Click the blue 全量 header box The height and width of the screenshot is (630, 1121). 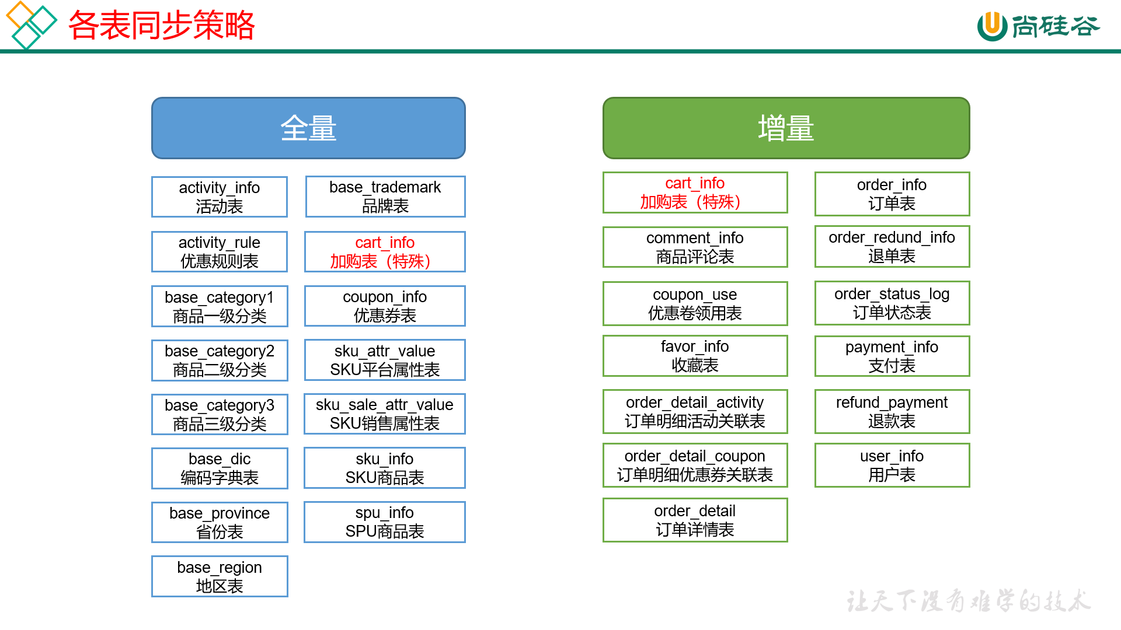coord(308,128)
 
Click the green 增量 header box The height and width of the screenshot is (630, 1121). coord(786,128)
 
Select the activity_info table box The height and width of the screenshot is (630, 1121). coord(220,197)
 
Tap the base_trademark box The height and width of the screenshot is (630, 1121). coord(385,197)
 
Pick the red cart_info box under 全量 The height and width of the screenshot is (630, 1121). coord(385,251)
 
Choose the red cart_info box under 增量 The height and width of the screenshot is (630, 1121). coord(695,192)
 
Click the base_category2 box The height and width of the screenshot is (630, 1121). coord(220,360)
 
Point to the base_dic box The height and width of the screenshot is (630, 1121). coord(220,468)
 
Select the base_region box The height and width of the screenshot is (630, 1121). coord(220,576)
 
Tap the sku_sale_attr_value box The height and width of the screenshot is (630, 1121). coord(385,414)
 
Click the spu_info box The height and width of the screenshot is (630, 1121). coord(385,521)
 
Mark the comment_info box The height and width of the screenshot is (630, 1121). coord(695,247)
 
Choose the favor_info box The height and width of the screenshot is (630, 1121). coord(695,355)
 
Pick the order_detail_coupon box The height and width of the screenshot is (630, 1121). coord(695,465)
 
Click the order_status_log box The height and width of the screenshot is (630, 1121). coord(892,303)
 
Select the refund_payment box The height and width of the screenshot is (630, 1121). coord(892,411)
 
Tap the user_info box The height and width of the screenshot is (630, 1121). coord(892,465)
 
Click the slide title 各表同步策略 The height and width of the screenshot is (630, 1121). coord(162,25)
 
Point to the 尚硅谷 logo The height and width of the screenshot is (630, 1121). coord(1038,26)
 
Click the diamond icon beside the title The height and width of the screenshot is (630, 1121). coord(30,24)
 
